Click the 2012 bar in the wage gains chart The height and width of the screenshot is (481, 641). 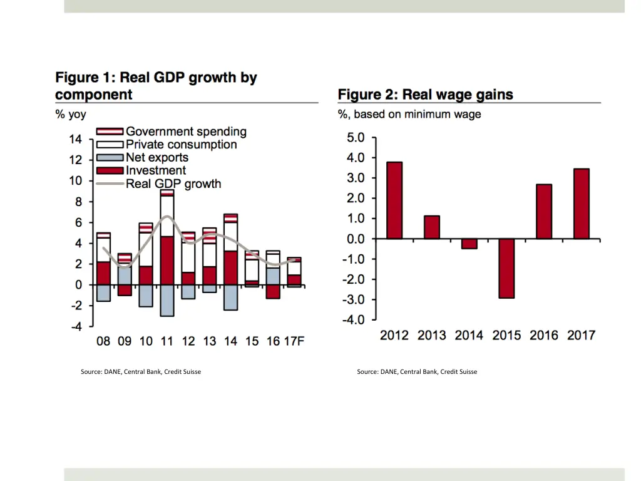tap(394, 200)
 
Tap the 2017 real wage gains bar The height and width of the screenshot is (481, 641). tap(581, 204)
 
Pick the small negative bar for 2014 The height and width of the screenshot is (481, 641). tap(469, 244)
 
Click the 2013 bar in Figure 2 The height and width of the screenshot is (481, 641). tap(432, 227)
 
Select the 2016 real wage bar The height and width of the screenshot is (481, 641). tap(544, 211)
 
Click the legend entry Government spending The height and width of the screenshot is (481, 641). tap(186, 132)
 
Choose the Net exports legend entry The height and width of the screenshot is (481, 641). tap(156, 157)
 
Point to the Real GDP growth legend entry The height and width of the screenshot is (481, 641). tap(173, 184)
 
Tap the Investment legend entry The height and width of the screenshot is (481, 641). tap(156, 170)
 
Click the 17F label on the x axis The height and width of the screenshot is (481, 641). tap(294, 341)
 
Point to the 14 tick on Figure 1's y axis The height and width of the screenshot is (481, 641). tap(75, 140)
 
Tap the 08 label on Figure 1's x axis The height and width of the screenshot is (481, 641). tap(103, 341)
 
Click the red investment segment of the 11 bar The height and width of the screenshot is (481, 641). tap(167, 260)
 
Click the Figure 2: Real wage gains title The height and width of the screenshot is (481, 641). tap(426, 95)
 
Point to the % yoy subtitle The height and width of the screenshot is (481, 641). tap(71, 115)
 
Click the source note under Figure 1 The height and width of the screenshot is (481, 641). tap(141, 372)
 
